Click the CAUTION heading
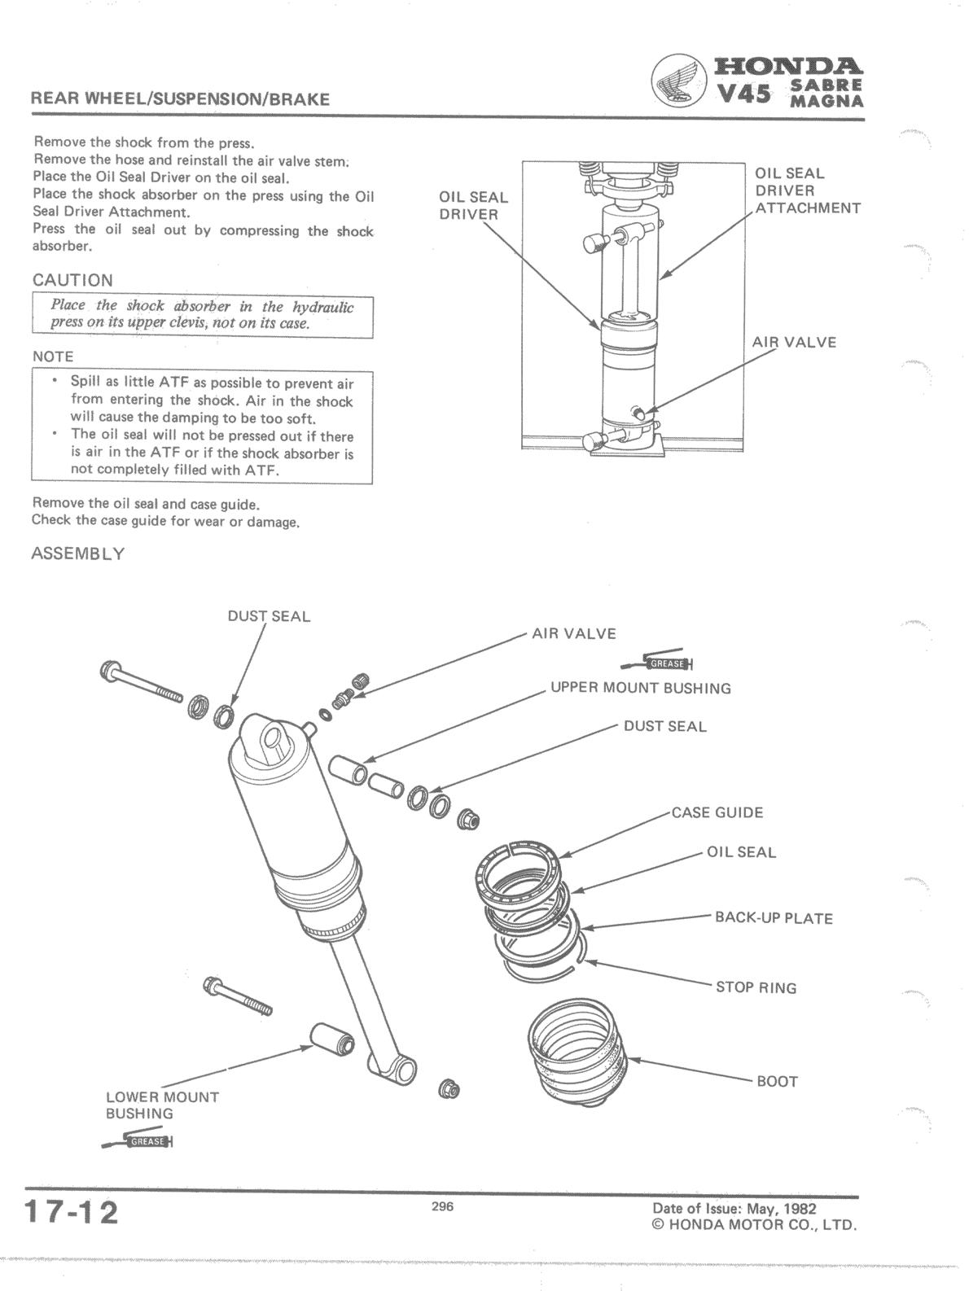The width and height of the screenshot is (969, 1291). pyautogui.click(x=72, y=280)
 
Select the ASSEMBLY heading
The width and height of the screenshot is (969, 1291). pyautogui.click(x=78, y=554)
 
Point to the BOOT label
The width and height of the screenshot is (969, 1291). pyautogui.click(x=777, y=1082)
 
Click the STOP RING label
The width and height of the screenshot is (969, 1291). pyautogui.click(x=756, y=988)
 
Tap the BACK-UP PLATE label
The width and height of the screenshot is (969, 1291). pyautogui.click(x=774, y=918)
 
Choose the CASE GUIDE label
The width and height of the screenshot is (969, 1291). pyautogui.click(x=717, y=812)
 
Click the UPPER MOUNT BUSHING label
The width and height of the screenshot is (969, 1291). pyautogui.click(x=640, y=688)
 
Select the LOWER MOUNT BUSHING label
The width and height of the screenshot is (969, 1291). pyautogui.click(x=161, y=1105)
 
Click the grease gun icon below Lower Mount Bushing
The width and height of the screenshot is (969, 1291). pyautogui.click(x=139, y=1141)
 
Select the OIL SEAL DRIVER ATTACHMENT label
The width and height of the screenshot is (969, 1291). pyautogui.click(x=806, y=190)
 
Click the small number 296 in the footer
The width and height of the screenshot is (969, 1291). pyautogui.click(x=442, y=1207)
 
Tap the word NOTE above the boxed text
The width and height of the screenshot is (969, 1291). pyautogui.click(x=53, y=357)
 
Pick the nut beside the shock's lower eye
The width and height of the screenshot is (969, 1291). pyautogui.click(x=447, y=1088)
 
